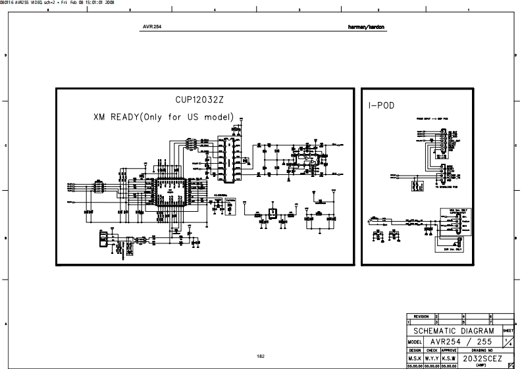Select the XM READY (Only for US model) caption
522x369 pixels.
coord(164,116)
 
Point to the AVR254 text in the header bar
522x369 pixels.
coord(152,28)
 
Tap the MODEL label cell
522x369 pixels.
coord(414,342)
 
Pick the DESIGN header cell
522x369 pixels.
coord(414,351)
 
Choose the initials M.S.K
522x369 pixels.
coord(414,359)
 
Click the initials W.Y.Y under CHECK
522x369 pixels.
coord(431,359)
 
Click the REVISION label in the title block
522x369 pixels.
coord(420,316)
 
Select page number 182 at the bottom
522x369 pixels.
coord(261,356)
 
